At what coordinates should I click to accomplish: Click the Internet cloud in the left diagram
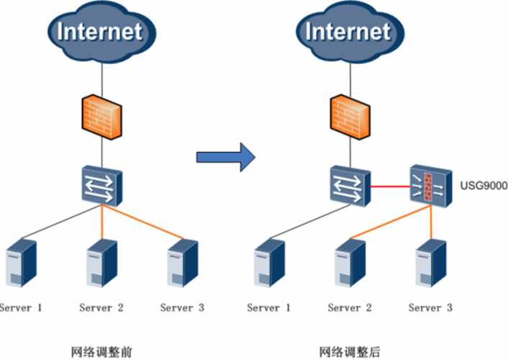100,32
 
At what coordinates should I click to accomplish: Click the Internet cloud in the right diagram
348,32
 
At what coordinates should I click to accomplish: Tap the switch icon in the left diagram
101,186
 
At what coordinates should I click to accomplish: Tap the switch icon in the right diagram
348,186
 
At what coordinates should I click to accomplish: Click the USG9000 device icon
430,186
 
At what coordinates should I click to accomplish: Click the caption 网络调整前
100,351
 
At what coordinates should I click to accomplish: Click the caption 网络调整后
349,351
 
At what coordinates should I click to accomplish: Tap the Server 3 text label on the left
182,308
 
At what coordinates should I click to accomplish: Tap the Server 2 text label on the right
350,308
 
